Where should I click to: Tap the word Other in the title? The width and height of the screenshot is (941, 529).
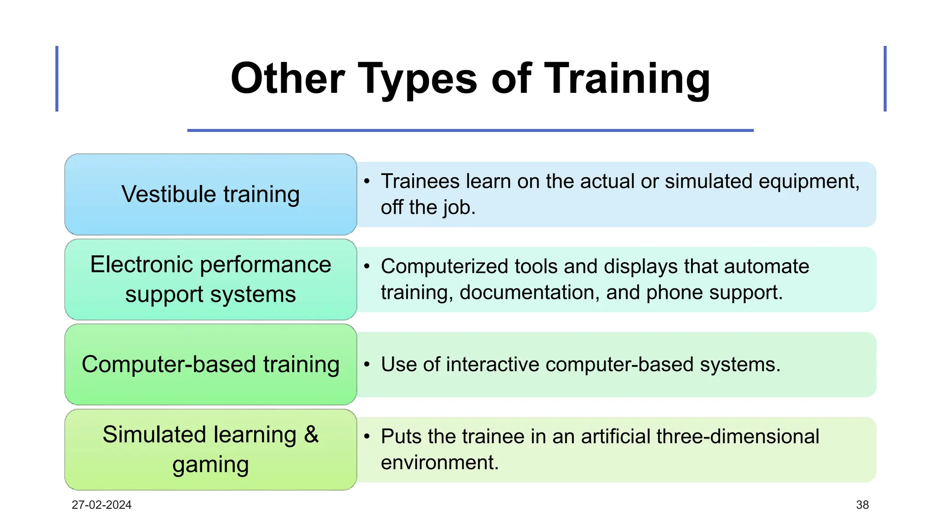288,79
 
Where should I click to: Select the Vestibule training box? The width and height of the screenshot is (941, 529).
210,194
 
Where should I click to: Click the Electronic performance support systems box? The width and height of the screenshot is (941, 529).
210,279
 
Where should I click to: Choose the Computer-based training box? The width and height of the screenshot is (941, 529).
210,364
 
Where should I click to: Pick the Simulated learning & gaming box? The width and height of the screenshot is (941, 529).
210,450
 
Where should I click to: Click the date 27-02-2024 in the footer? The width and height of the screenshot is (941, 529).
102,505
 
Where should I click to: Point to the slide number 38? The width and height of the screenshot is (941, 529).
862,505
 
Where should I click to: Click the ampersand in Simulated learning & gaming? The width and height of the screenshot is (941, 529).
311,434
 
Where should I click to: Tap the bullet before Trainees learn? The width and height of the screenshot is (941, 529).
367,181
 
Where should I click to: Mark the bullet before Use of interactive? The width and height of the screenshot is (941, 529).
367,365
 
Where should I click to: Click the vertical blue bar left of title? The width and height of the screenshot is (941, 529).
57,79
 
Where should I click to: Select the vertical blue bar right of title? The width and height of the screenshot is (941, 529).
884,79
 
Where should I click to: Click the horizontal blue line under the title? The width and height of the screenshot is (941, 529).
470,130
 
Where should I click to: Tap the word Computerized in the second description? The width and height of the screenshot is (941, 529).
444,266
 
